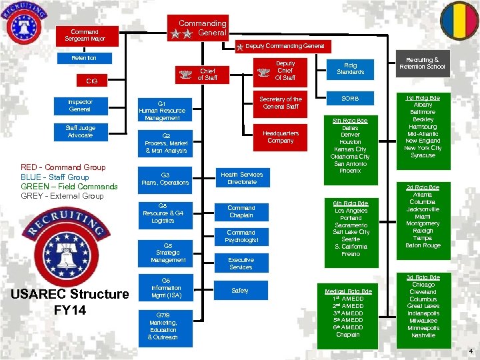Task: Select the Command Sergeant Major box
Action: (x=85, y=35)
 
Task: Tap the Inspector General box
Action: (x=80, y=105)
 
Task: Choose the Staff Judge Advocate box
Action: (x=80, y=131)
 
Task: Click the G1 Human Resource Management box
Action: (x=161, y=111)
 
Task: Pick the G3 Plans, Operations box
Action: (x=165, y=178)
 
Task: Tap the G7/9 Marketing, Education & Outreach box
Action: (x=163, y=326)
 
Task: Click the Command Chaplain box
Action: (x=241, y=211)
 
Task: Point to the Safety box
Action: (x=240, y=291)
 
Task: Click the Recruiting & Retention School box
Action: (x=422, y=63)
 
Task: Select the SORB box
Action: (x=350, y=99)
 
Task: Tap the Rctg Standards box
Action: (x=350, y=68)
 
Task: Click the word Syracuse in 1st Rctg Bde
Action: (x=423, y=155)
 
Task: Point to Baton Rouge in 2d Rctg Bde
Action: (x=423, y=245)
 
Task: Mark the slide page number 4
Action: (x=470, y=351)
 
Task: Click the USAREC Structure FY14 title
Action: (x=70, y=301)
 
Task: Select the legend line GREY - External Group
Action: (x=62, y=196)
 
